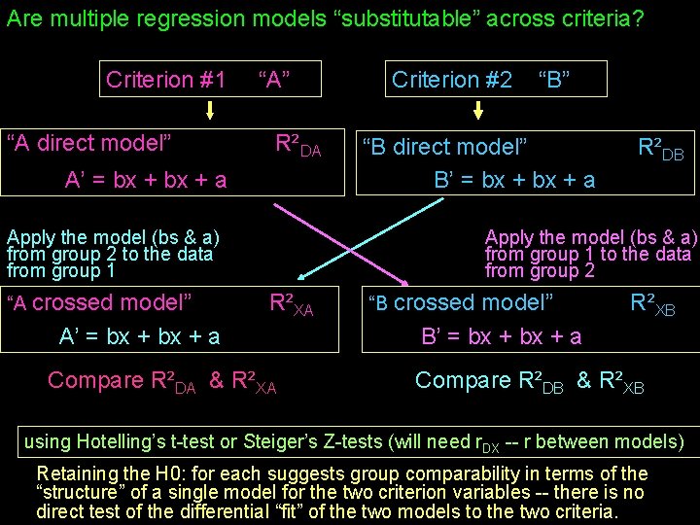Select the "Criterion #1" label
tap(165, 80)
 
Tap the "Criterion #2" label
tap(452, 80)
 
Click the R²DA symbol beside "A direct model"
tap(297, 146)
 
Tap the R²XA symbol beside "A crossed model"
tap(291, 304)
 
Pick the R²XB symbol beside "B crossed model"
tap(652, 304)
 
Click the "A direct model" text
tap(89, 144)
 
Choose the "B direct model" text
tap(445, 148)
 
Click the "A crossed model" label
tap(99, 302)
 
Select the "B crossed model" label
tap(464, 302)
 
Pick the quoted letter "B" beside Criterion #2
tap(553, 80)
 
